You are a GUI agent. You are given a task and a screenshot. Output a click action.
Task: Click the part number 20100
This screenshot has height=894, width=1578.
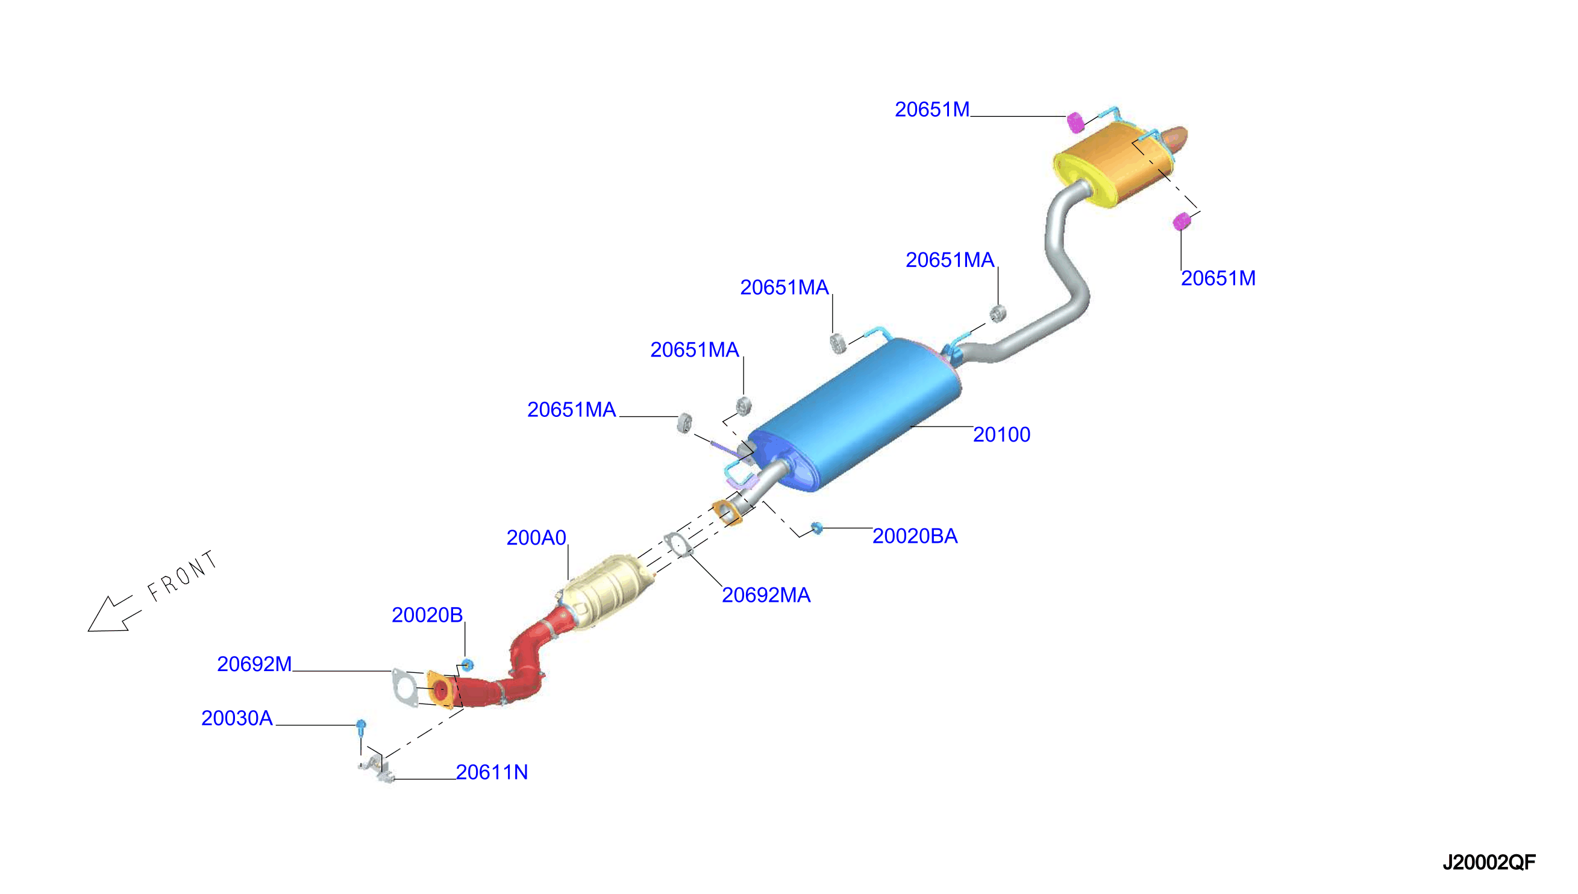(1001, 435)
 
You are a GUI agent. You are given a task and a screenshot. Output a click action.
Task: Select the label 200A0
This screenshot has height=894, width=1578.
(536, 538)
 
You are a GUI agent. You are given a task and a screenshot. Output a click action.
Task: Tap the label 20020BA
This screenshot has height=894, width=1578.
(915, 536)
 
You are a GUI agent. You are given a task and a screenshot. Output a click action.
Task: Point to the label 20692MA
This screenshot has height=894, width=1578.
(766, 595)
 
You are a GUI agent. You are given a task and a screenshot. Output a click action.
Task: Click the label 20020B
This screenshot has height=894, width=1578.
(427, 614)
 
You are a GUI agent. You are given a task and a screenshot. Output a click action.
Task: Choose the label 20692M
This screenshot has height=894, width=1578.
(254, 664)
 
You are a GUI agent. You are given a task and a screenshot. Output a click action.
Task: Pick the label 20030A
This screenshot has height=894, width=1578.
(237, 717)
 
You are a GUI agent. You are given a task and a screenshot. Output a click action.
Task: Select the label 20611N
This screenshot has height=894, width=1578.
(492, 772)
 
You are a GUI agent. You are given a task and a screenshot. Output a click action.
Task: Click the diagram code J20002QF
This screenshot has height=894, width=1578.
(1489, 862)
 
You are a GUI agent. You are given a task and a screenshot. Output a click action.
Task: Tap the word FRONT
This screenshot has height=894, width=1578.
(183, 575)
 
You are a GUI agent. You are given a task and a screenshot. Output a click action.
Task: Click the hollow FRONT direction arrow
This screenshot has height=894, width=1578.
(114, 613)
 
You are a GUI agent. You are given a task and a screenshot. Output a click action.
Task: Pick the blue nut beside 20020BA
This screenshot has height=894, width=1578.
(816, 528)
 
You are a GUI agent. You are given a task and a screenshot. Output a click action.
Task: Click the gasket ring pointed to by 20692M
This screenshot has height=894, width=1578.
(404, 688)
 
